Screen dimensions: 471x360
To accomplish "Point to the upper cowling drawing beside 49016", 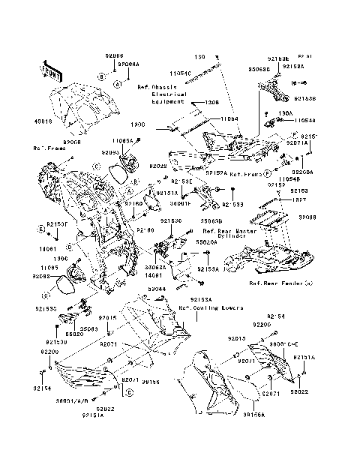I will click(82, 112).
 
